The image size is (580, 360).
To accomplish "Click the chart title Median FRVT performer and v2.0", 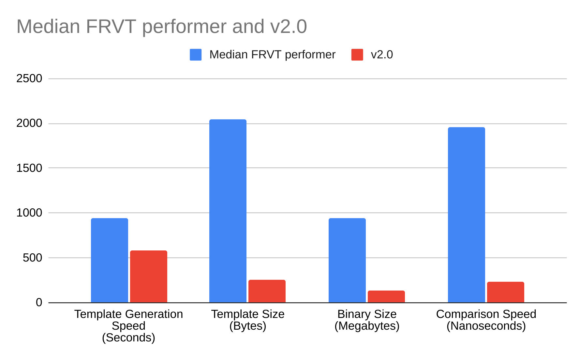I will (162, 26).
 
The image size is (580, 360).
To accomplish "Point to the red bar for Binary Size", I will (386, 296).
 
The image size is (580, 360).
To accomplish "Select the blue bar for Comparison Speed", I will (466, 215).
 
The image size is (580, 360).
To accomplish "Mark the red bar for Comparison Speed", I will (505, 292).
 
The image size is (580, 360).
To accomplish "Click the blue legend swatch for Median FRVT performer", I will (196, 55).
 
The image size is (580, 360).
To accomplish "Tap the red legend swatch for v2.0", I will (357, 55).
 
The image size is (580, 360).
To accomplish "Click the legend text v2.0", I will (382, 55).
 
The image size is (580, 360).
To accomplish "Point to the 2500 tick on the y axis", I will (29, 79).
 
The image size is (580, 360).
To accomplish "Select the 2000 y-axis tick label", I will (29, 123).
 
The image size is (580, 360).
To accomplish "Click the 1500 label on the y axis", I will (29, 168).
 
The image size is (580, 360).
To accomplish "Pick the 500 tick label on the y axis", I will (33, 258).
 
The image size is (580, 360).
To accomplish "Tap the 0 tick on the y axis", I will (39, 303).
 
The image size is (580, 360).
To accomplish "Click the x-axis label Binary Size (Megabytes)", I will (367, 320).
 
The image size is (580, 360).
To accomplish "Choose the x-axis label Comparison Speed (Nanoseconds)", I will (486, 320).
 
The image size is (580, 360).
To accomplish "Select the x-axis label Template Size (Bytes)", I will (248, 320).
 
